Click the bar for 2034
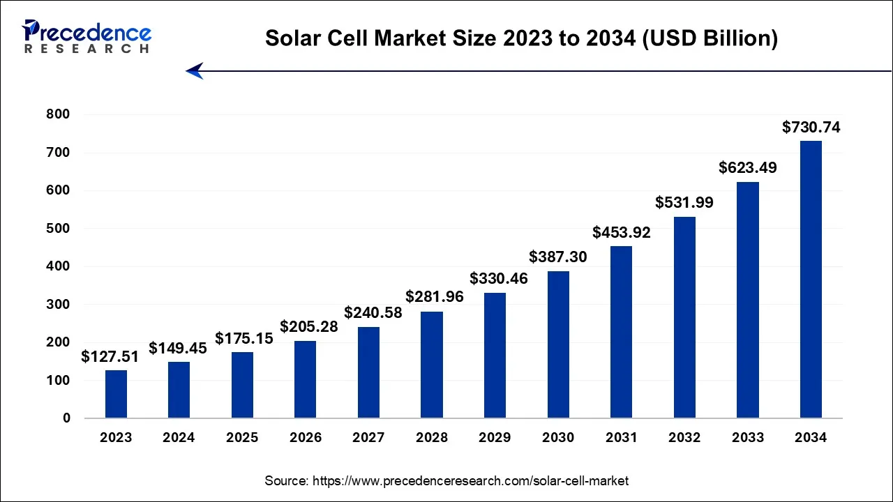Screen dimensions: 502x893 [x=811, y=280]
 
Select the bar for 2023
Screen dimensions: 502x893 [x=116, y=394]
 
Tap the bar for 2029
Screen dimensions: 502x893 [x=495, y=356]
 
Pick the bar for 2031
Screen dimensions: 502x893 [x=621, y=332]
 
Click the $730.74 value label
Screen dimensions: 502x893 [x=811, y=127]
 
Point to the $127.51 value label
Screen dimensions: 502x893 [x=110, y=357]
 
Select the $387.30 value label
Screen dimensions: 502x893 [x=557, y=257]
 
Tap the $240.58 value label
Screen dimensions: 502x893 [x=373, y=313]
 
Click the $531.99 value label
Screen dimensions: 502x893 [x=684, y=202]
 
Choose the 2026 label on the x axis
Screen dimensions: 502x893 [x=306, y=438]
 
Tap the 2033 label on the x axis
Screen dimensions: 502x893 [x=748, y=438]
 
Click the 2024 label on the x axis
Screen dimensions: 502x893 [x=179, y=438]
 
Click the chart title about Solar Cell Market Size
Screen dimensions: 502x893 [x=521, y=39]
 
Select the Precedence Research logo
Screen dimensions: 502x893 [x=87, y=36]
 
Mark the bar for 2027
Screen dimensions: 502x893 [x=368, y=372]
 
